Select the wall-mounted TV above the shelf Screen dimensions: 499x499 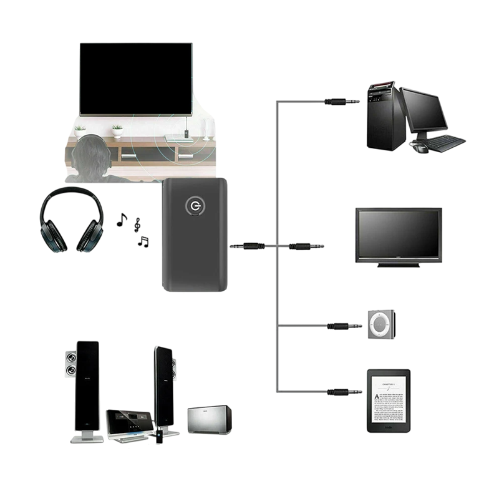pyautogui.click(x=136, y=79)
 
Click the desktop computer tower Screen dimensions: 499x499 pyautogui.click(x=381, y=115)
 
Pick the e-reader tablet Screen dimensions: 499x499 pyautogui.click(x=389, y=400)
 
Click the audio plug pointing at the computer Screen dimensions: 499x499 pyautogui.click(x=342, y=102)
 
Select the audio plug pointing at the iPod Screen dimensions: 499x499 pyautogui.click(x=344, y=326)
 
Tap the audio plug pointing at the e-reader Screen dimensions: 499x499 pyautogui.click(x=344, y=392)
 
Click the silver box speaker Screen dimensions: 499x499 pyautogui.click(x=210, y=419)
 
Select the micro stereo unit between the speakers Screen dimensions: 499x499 pyautogui.click(x=130, y=424)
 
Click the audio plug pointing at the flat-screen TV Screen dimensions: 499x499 pyautogui.click(x=306, y=246)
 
